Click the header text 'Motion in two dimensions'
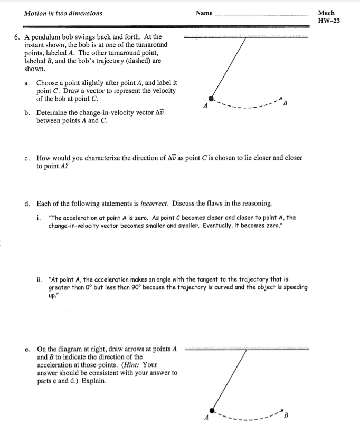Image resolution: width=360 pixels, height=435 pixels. pos(63,13)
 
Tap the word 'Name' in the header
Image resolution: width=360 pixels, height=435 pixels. pos(204,13)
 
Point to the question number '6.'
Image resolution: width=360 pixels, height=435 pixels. pos(17,37)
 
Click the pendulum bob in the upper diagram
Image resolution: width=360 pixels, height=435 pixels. pos(212,98)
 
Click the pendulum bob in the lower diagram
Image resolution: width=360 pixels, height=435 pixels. pos(212,410)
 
